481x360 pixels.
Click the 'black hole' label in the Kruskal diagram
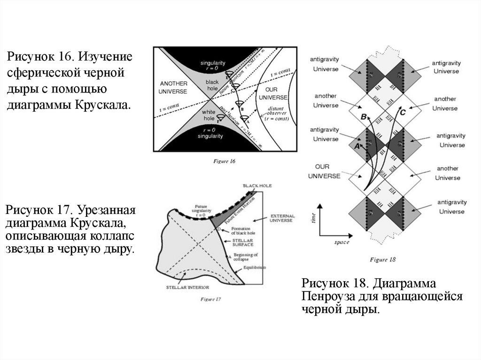(x=212, y=85)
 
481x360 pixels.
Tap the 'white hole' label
(x=208, y=115)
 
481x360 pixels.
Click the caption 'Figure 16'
(x=225, y=161)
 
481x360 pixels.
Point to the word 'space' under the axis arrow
(x=342, y=242)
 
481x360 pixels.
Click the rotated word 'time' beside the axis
(x=313, y=217)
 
